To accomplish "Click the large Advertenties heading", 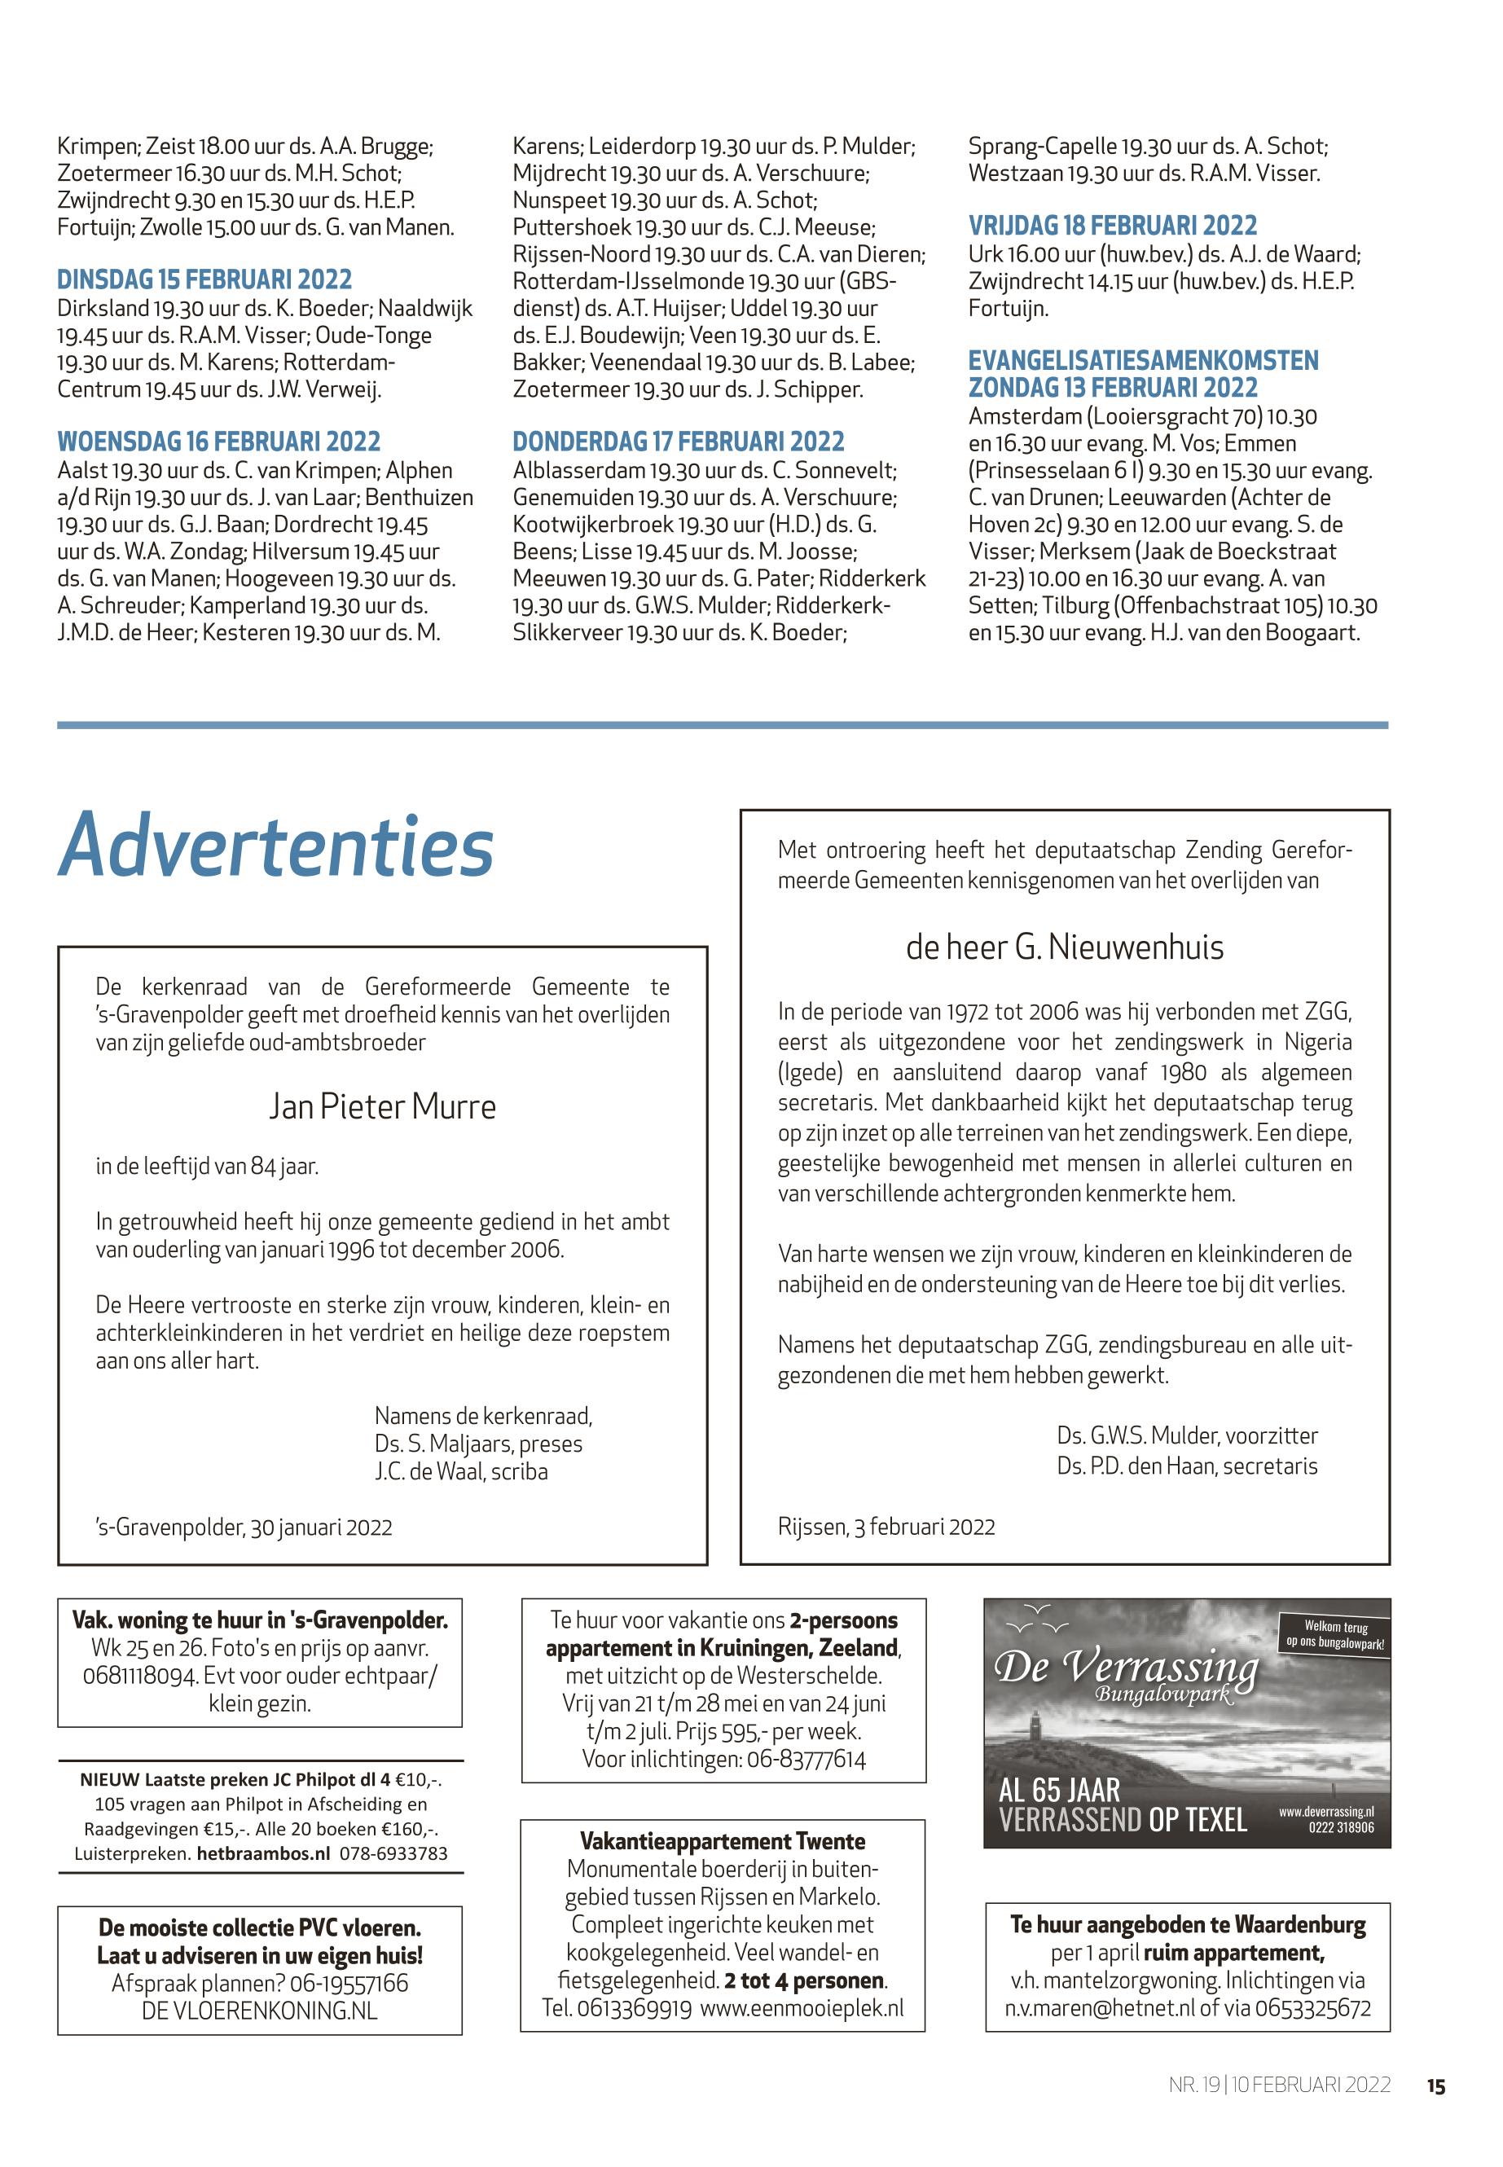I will (276, 845).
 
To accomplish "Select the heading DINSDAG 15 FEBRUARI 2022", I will (204, 279).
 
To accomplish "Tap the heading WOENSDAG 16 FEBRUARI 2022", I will (218, 442).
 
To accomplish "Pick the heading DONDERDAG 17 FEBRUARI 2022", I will (678, 442).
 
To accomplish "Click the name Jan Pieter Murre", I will (382, 1105).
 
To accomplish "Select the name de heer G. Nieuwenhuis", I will (1064, 947).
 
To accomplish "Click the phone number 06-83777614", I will (806, 1758).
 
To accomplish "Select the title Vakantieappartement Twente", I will (723, 1841).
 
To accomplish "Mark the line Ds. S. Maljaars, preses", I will (478, 1444).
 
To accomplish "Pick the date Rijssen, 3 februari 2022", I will (886, 1527).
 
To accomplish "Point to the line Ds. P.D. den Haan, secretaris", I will (1187, 1466).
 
